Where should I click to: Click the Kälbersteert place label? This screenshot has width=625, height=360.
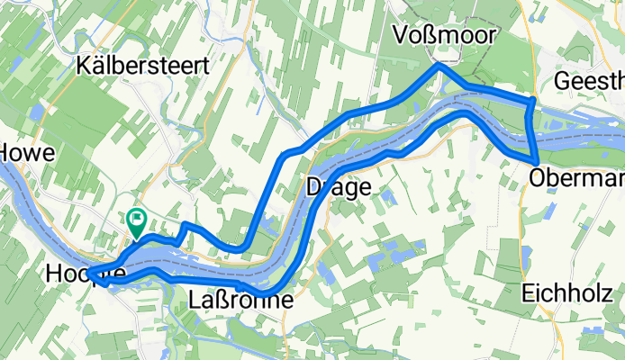144,66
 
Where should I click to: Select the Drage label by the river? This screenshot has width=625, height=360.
339,187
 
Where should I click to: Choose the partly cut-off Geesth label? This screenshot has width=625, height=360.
590,82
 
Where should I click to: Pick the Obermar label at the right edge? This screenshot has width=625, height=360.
577,179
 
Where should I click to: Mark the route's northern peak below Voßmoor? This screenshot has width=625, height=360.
439,66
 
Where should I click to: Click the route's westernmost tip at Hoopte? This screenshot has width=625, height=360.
90,274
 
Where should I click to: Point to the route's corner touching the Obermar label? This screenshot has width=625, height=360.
538,163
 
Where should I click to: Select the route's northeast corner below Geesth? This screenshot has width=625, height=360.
535,98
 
